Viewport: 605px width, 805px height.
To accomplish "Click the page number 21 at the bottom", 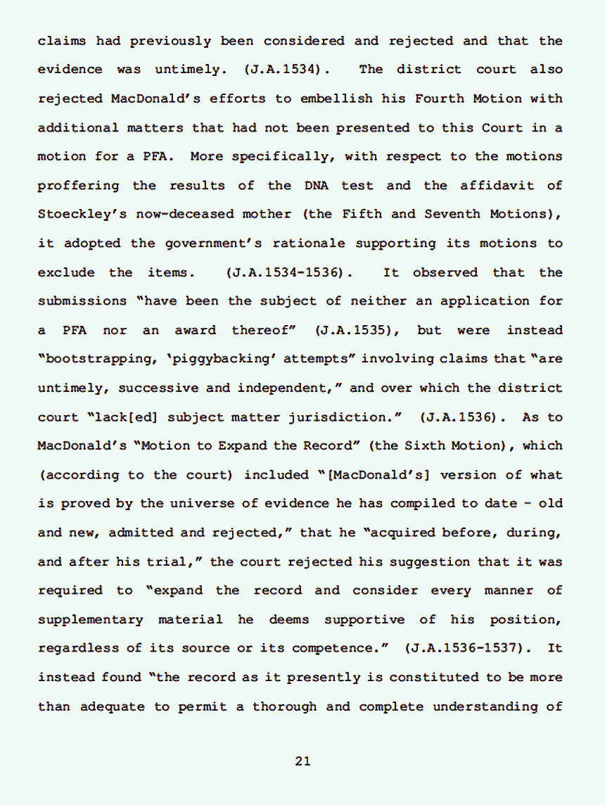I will coord(302,761).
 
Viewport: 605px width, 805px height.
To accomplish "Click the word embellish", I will coord(336,99).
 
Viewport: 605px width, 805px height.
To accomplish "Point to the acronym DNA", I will coord(317,186).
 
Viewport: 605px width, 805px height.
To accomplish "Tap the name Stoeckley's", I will coord(79,215).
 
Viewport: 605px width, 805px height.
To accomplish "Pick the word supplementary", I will coord(90,620).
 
